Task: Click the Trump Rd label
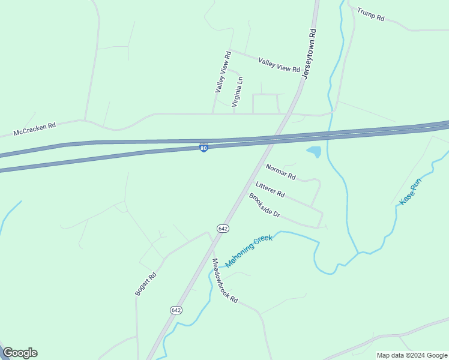pos(370,14)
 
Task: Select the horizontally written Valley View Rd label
pos(279,65)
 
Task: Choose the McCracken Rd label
pos(35,130)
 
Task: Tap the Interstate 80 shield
pos(204,147)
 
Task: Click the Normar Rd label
pos(281,173)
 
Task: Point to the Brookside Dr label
pos(265,205)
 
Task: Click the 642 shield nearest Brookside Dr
pos(223,229)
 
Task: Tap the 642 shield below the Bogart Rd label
pos(175,310)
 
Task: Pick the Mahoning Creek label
pos(249,251)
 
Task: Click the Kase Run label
pos(411,192)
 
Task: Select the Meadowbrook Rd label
pos(225,280)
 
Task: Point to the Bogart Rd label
pos(146,284)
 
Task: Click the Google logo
pos(20,353)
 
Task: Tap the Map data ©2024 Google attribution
pos(412,355)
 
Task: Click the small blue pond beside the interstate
pos(314,152)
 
